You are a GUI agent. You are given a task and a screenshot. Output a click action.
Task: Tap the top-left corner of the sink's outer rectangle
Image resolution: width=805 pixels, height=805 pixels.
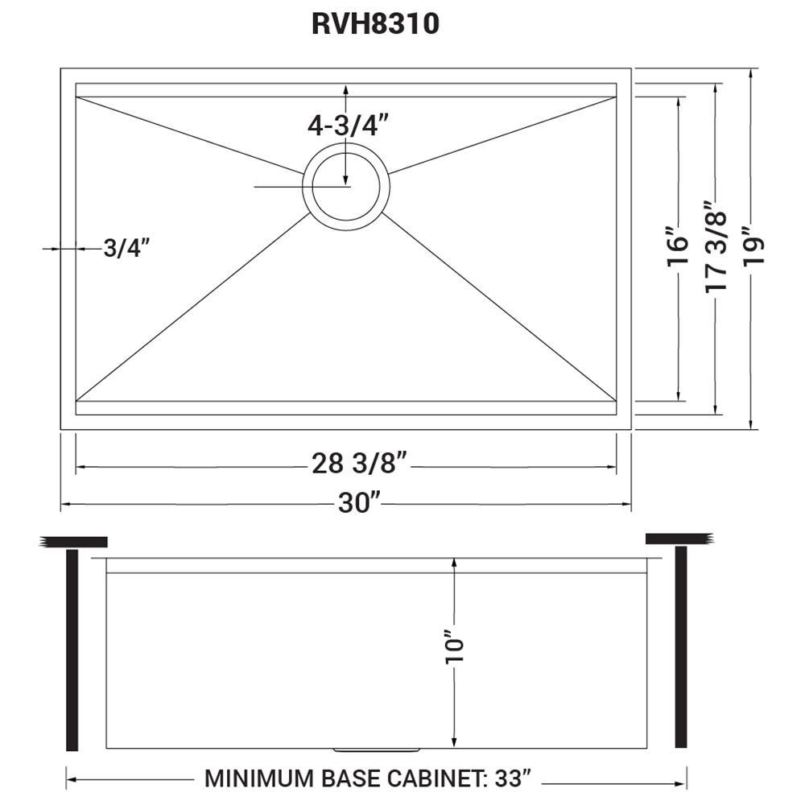click(61, 68)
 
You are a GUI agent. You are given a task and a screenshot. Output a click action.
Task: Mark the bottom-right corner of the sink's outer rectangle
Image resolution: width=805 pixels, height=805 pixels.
click(631, 429)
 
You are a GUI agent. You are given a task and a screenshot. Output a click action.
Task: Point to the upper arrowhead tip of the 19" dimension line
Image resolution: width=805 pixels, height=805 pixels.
click(751, 68)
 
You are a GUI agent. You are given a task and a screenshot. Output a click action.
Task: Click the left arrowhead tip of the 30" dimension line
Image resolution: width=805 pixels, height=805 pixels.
click(62, 504)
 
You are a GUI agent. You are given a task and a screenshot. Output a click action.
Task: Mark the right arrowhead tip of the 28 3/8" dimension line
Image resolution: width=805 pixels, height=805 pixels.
click(616, 467)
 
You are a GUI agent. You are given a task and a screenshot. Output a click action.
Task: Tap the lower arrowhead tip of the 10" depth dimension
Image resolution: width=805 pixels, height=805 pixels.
click(454, 747)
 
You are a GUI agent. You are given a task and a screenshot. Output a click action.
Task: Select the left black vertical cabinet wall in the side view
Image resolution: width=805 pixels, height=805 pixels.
click(72, 650)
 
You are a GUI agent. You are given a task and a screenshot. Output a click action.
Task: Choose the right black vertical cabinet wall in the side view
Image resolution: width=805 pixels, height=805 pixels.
click(681, 647)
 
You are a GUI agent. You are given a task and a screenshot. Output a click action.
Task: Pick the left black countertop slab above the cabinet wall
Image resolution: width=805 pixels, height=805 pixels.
click(73, 542)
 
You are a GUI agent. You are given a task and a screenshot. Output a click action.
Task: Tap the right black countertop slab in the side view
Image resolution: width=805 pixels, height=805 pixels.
click(679, 539)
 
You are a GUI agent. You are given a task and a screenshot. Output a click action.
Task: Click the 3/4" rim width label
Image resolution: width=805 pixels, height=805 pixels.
click(127, 248)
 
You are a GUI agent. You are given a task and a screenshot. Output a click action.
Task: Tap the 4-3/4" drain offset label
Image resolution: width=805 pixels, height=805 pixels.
click(348, 125)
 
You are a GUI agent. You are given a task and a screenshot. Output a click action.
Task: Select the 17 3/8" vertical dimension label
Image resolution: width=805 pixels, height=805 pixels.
click(716, 246)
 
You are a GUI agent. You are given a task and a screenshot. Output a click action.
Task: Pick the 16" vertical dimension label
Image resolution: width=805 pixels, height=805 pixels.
click(678, 246)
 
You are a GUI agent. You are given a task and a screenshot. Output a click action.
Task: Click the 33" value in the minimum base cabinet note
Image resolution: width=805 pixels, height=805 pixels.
click(511, 778)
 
